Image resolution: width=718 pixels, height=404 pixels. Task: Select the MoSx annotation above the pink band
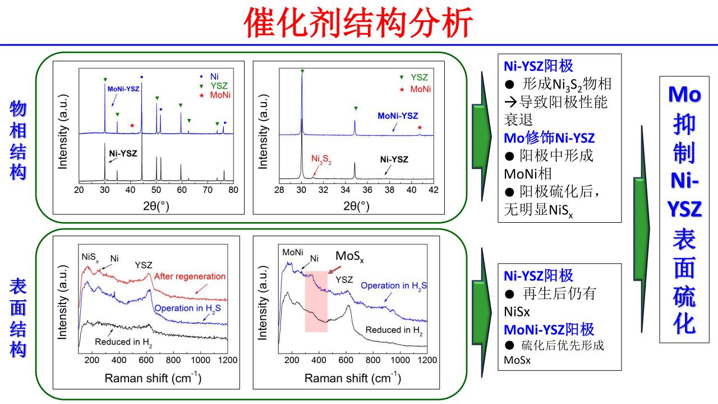pyautogui.click(x=350, y=257)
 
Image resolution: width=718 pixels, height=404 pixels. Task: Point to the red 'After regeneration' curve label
pyautogui.click(x=190, y=276)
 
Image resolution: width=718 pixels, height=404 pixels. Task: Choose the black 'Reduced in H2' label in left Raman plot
pyautogui.click(x=123, y=341)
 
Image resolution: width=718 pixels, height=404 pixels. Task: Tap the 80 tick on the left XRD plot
pyautogui.click(x=233, y=190)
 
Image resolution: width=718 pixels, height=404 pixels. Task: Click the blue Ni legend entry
pyautogui.click(x=215, y=76)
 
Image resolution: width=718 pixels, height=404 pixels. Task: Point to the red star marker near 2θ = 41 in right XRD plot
pyautogui.click(x=420, y=128)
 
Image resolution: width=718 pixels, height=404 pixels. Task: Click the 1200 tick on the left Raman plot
pyautogui.click(x=227, y=360)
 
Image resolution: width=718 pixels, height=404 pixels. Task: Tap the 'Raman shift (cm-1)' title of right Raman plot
pyautogui.click(x=352, y=378)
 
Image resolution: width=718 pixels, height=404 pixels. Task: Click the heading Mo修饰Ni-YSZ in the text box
pyautogui.click(x=549, y=137)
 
